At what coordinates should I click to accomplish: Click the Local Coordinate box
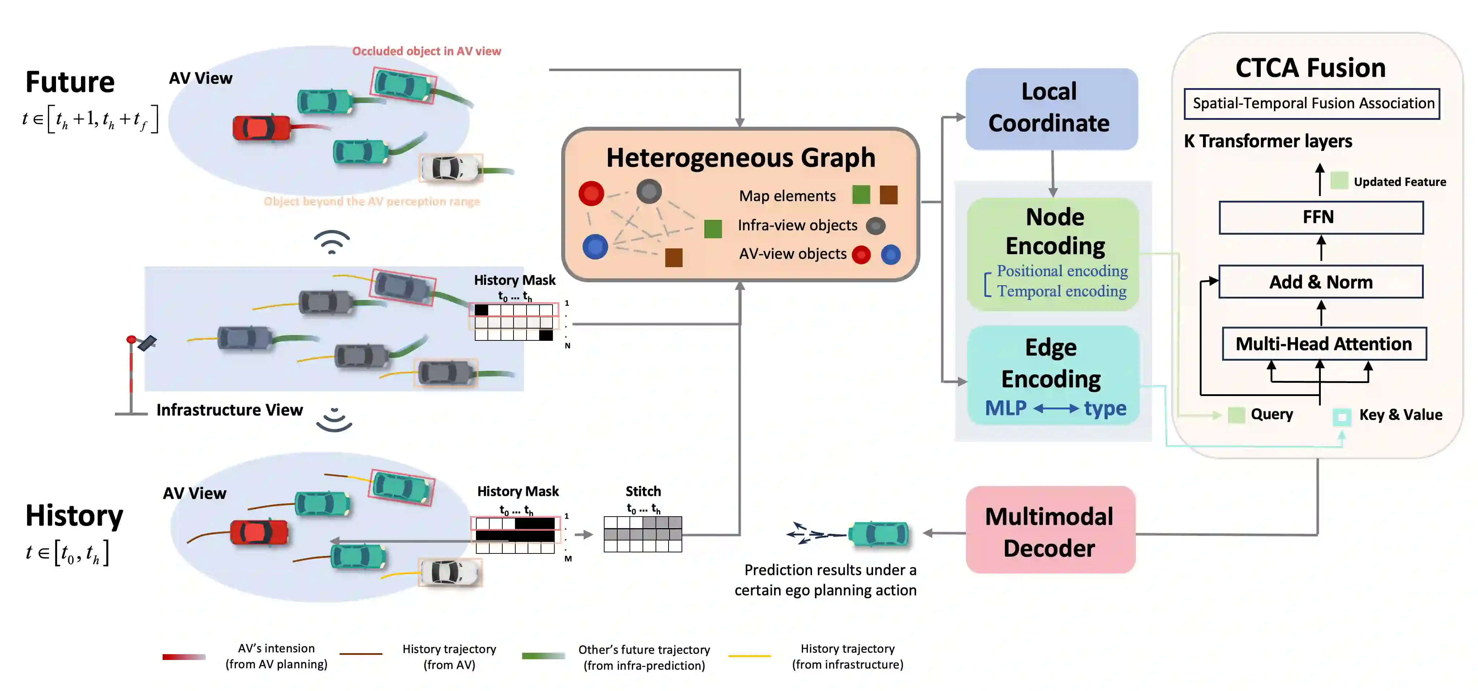click(1051, 109)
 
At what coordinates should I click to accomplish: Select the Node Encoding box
click(1053, 254)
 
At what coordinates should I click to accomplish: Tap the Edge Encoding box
click(1053, 375)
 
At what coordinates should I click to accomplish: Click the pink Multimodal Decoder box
click(1050, 530)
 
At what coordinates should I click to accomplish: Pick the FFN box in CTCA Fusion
click(1321, 217)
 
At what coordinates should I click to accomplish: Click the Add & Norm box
click(1321, 282)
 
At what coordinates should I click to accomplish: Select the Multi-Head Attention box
click(1324, 343)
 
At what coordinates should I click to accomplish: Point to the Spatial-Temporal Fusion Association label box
click(1312, 104)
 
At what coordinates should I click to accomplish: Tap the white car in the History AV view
click(450, 572)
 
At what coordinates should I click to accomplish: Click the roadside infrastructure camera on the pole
click(147, 343)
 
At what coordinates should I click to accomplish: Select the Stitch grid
click(643, 534)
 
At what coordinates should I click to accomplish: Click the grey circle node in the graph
click(649, 192)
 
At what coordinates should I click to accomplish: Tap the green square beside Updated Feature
click(1339, 181)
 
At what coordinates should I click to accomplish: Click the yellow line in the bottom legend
click(749, 656)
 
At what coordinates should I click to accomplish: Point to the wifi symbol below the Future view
click(332, 242)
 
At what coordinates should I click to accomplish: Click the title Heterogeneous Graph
click(741, 158)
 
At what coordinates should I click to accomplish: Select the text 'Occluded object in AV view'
click(426, 51)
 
